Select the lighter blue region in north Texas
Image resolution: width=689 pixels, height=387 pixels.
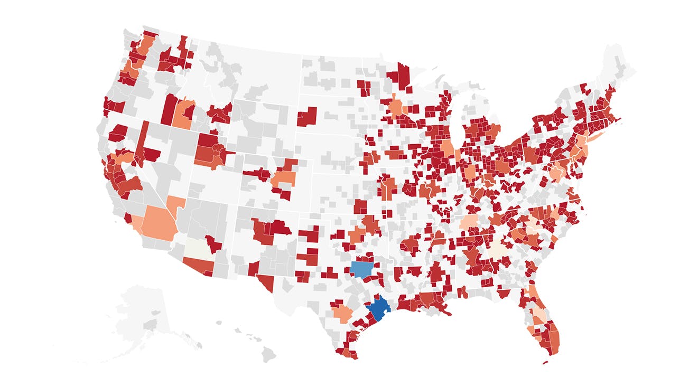pos(365,268)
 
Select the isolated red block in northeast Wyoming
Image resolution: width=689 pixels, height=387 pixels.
pos(307,117)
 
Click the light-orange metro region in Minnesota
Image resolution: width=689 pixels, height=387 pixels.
pos(395,106)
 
